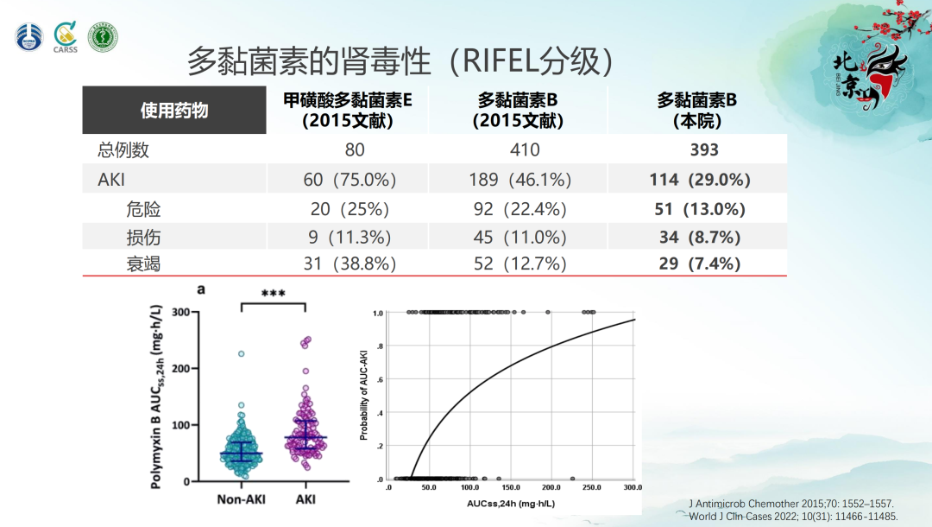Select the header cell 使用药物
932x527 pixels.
pos(174,111)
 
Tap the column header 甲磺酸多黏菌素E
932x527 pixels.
pos(348,111)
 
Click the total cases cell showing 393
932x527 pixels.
pos(704,149)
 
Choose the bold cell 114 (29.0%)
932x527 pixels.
pos(700,180)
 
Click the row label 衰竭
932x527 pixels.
pos(143,263)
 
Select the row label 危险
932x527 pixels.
pos(143,209)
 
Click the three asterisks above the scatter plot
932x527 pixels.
pos(273,295)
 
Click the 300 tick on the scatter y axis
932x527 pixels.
pos(180,312)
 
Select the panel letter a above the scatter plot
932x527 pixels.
pos(201,289)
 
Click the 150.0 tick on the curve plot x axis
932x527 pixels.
pos(509,488)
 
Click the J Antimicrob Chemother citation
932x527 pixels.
pos(791,503)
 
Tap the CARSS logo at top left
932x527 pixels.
pos(66,37)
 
